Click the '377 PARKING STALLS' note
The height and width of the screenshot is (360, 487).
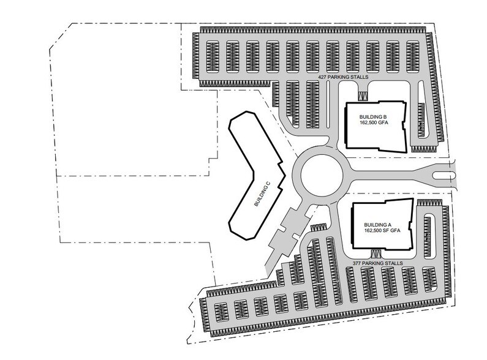[379, 263]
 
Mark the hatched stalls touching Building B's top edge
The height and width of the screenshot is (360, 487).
[364, 95]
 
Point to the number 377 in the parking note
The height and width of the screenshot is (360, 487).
[358, 263]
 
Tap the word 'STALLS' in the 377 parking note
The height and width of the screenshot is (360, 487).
[395, 263]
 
